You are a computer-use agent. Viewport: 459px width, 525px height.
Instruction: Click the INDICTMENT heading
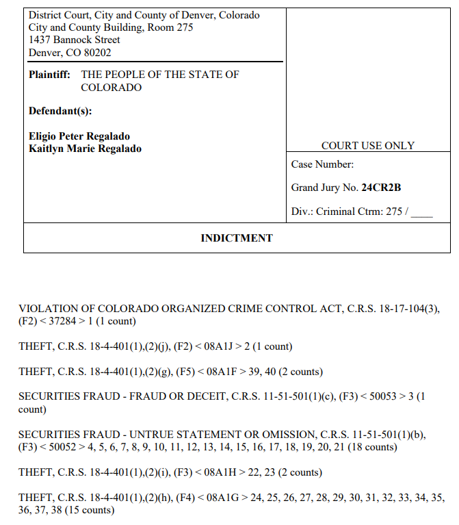(x=236, y=238)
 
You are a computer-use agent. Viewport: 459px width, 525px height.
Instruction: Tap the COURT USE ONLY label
(x=368, y=146)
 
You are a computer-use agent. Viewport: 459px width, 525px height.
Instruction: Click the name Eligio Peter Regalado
(x=79, y=136)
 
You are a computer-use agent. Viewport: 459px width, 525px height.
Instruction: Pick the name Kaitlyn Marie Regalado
(x=85, y=149)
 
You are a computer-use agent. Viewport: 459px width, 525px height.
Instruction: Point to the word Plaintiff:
(x=49, y=75)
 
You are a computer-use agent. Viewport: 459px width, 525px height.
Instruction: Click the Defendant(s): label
(x=60, y=111)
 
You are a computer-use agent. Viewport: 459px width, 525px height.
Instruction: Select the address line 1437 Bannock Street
(x=74, y=40)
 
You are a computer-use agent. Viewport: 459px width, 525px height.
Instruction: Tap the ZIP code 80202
(x=96, y=53)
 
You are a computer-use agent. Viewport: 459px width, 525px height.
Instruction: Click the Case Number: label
(x=322, y=164)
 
